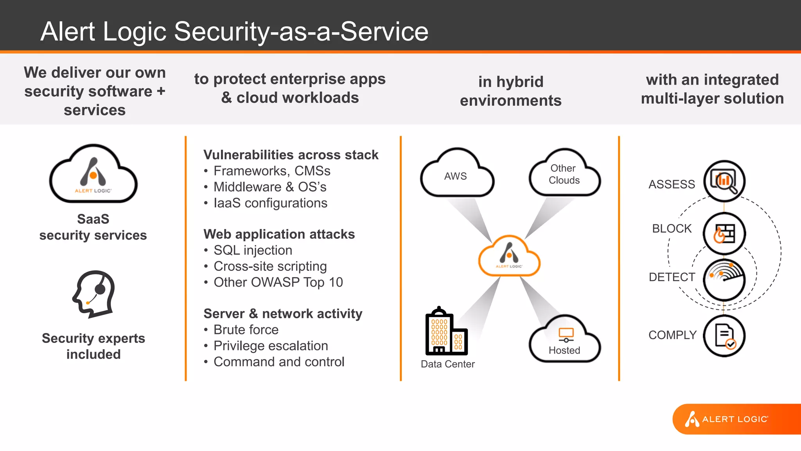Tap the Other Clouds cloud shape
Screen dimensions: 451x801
564,174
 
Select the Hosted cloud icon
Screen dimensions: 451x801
564,340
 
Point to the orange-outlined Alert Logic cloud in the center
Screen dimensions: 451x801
509,257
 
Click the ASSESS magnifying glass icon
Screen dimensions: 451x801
724,181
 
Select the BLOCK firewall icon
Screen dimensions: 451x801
724,233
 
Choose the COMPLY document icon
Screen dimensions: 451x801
724,336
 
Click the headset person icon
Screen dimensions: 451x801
94,294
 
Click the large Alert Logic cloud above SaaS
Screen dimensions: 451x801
93,175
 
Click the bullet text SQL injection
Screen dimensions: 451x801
253,250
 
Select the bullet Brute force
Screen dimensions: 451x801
246,330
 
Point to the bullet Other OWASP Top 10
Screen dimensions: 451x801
278,282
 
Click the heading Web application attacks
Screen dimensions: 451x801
279,234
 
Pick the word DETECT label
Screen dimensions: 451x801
672,277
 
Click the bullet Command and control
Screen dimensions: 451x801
278,362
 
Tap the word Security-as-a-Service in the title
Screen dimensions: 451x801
301,31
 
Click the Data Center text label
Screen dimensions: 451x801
447,364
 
